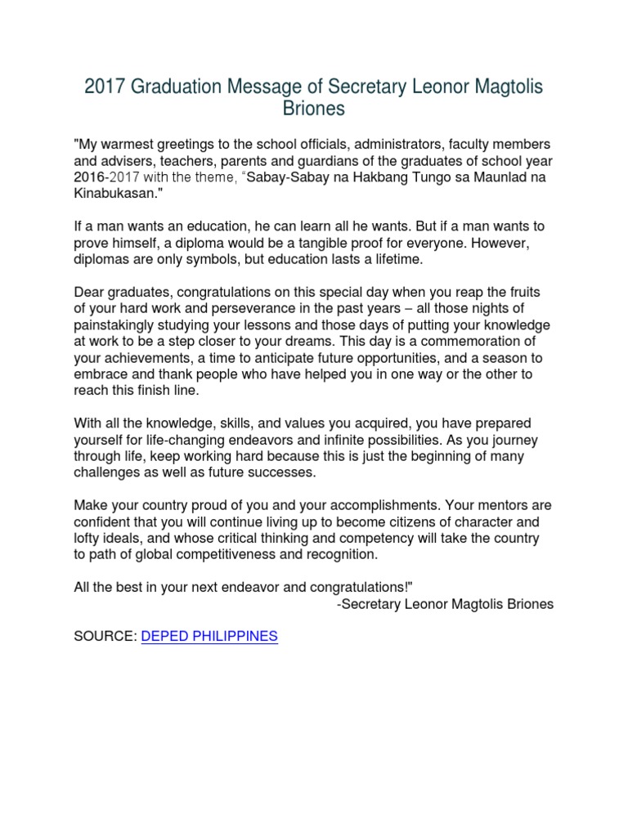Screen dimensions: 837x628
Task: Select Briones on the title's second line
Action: click(x=314, y=109)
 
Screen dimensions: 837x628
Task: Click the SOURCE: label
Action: click(x=105, y=637)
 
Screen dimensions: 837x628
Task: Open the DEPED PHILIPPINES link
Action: click(x=210, y=637)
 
